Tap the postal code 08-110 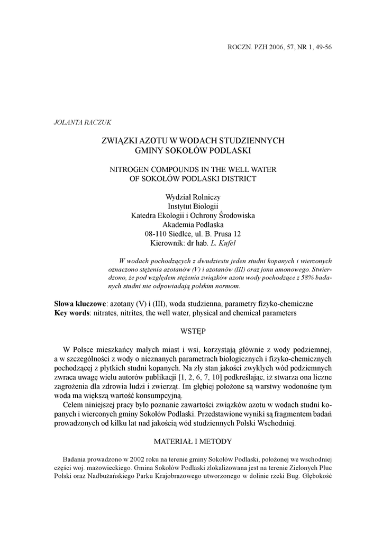pyautogui.click(x=156, y=234)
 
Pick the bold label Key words pyautogui.click(x=72, y=313)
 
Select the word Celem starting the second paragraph pyautogui.click(x=74, y=405)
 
